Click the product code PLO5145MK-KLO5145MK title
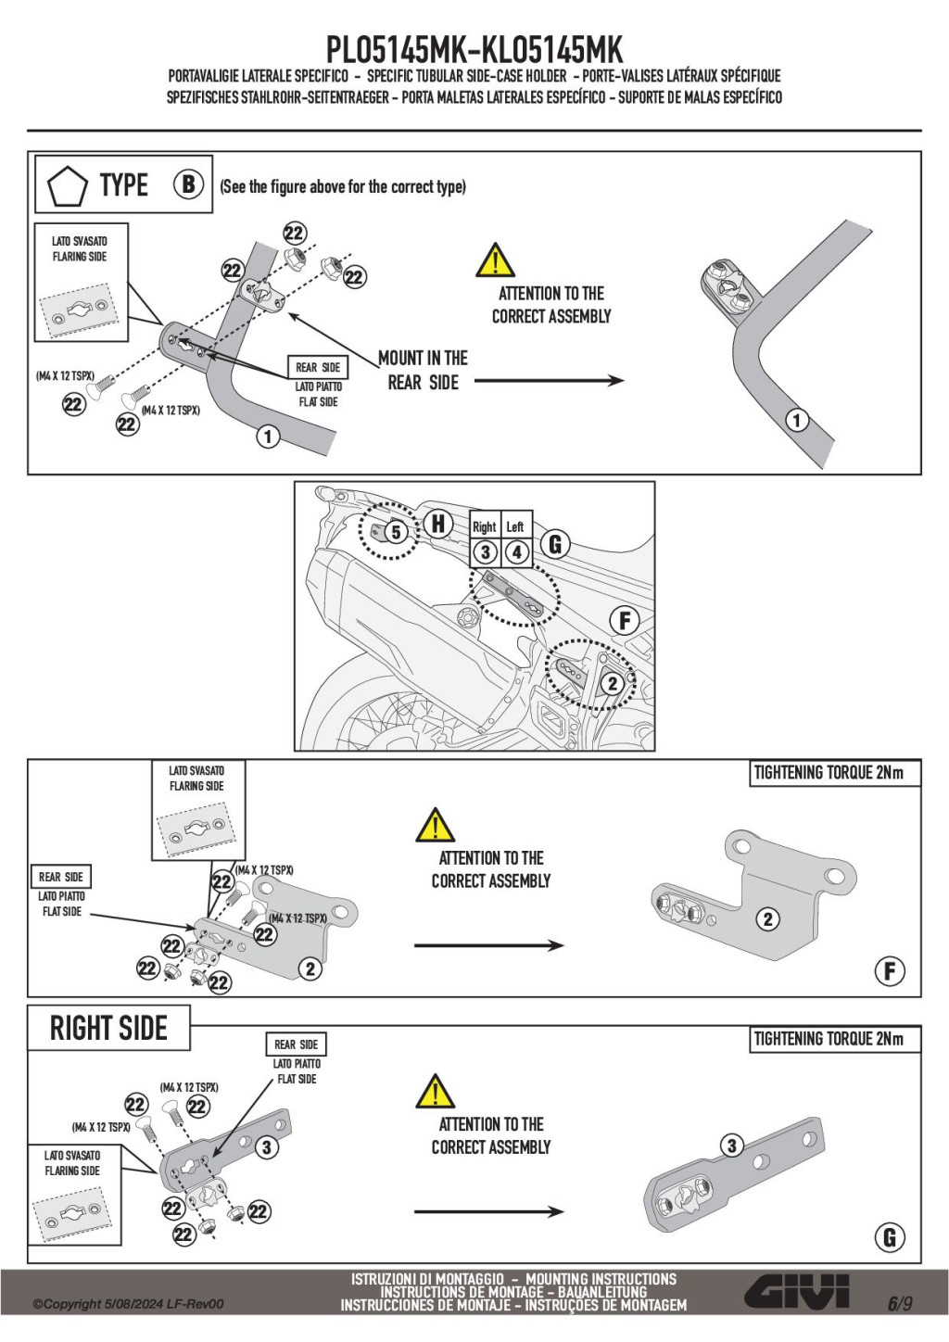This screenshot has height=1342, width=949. point(474,48)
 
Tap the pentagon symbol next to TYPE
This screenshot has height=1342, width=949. point(67,185)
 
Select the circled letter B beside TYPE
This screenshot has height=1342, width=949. point(188,184)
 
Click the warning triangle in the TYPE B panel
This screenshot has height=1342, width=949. point(495,260)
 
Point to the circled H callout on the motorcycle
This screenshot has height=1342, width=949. point(438,524)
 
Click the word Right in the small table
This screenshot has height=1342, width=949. point(485,526)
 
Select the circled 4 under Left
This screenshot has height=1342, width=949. point(516,552)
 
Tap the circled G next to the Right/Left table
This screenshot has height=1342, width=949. point(555,544)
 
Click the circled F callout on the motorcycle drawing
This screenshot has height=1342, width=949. point(625,620)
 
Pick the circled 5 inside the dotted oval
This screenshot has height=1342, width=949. point(396,532)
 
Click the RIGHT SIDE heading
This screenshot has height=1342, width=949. point(108,1028)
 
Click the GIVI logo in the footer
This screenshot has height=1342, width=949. point(797,1292)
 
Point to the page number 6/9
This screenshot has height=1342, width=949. point(899,1304)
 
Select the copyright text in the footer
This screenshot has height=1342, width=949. point(128,1304)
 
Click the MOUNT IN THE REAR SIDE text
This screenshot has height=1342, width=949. point(424,370)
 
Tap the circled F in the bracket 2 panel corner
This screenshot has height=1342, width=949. point(890,971)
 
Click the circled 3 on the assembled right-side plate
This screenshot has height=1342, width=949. point(732,1146)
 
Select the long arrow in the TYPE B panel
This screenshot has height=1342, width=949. point(549,380)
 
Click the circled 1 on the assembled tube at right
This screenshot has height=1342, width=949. point(796,421)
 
